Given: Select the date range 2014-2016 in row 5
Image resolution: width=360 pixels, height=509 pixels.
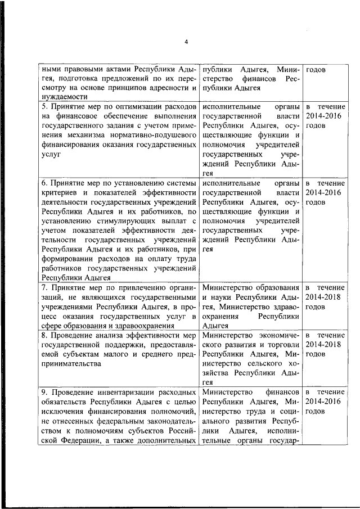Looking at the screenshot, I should (323, 116).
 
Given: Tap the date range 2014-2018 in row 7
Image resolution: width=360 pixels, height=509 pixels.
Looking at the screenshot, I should (323, 296).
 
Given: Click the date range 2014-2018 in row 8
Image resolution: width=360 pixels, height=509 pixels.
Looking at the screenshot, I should (323, 344).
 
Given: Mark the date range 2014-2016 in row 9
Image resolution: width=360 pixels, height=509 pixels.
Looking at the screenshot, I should (323, 401).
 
